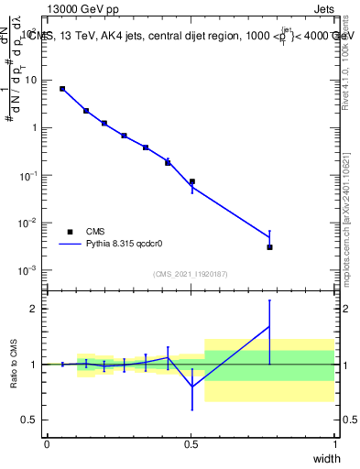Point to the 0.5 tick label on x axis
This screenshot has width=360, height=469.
[191, 443]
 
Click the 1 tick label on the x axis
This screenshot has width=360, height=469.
[334, 443]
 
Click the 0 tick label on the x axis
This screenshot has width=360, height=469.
[47, 443]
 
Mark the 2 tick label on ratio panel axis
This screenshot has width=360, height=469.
[35, 309]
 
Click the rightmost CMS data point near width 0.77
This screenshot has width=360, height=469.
[269, 247]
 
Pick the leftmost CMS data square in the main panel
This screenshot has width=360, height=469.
[62, 89]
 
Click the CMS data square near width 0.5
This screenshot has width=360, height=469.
[191, 181]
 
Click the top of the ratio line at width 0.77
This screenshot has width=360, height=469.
[269, 300]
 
